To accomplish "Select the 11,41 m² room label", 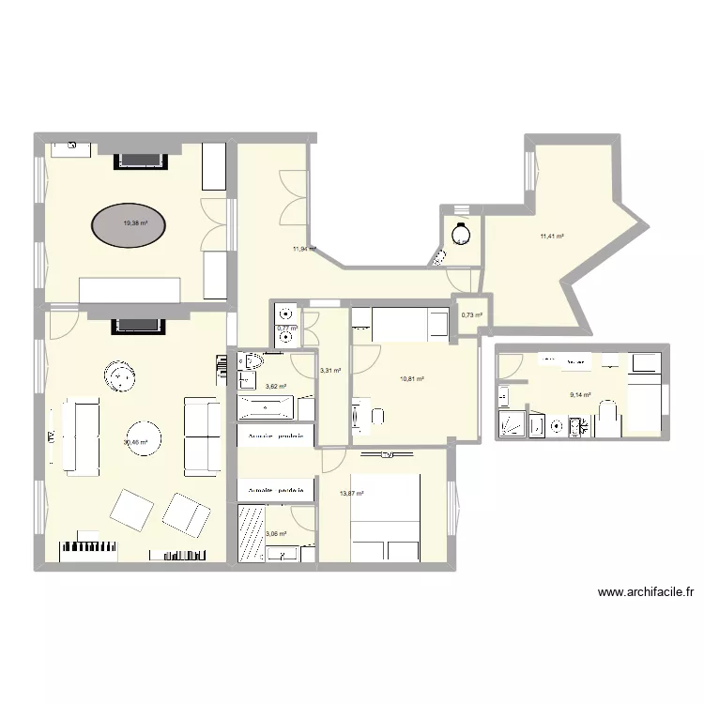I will click(551, 237).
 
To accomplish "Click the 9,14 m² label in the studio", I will click(579, 394).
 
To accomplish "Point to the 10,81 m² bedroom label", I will click(412, 379).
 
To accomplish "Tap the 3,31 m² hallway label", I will click(330, 371).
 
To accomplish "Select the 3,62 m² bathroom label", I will click(276, 386).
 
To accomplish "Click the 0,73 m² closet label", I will click(471, 314).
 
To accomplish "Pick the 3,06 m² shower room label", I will click(276, 534).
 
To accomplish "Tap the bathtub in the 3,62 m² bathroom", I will click(266, 408).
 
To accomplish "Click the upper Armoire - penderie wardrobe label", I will click(273, 438).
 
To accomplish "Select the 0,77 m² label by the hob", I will click(286, 328).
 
